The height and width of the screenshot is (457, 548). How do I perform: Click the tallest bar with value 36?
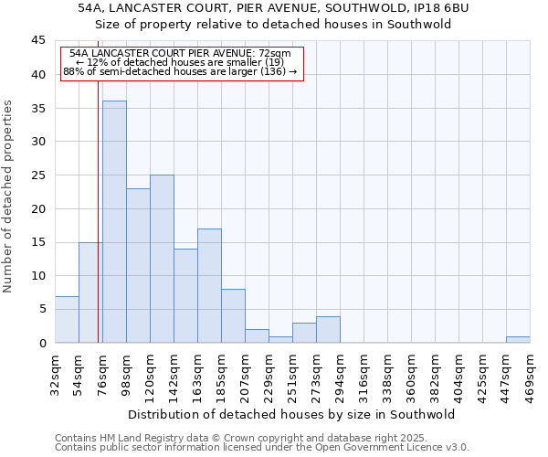pos(114,221)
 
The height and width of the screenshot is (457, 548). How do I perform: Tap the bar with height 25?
pos(162,259)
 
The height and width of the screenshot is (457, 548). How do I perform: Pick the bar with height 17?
pos(209,285)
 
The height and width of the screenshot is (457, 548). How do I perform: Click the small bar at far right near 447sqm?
pos(518,339)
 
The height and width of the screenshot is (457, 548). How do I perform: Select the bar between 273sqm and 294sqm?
pos(328,329)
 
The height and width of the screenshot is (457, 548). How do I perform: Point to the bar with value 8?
pos(233,315)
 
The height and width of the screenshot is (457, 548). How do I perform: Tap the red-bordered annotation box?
pos(181,62)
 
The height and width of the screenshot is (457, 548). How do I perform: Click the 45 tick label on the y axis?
pos(38,41)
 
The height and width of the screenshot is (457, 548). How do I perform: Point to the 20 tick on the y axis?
pos(38,208)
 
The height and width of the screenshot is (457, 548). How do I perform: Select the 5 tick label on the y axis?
pos(42,309)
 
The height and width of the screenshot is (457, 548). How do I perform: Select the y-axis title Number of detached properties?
pos(8,197)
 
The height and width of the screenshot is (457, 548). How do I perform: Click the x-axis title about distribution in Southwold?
pos(292,414)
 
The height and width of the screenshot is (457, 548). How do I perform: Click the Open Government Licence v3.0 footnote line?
pos(262,448)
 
